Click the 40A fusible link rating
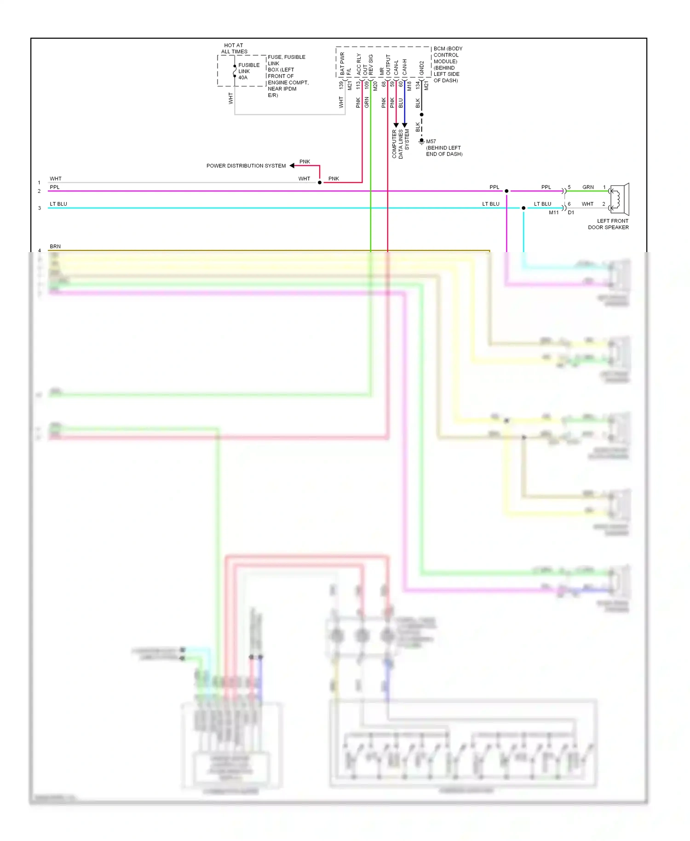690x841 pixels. (243, 78)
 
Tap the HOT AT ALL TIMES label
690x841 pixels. (234, 48)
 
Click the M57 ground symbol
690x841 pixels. (421, 142)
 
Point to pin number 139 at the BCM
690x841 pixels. (341, 85)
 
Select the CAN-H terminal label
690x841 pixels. (405, 67)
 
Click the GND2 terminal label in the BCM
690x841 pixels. (421, 68)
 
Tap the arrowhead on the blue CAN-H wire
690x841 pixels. (404, 125)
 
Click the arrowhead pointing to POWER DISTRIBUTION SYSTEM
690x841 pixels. (292, 166)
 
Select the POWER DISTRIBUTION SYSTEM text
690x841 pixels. (246, 166)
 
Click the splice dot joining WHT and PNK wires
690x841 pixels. (320, 183)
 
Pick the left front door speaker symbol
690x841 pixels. (619, 199)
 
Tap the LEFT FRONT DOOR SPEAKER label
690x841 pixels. (609, 224)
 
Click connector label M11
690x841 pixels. (553, 213)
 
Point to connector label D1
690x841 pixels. (571, 213)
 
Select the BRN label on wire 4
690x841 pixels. (55, 247)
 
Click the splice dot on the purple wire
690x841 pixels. (506, 191)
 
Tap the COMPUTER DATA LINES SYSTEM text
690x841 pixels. (400, 144)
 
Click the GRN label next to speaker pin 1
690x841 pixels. (588, 187)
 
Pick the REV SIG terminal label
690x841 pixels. (371, 65)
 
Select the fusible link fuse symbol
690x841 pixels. (235, 71)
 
